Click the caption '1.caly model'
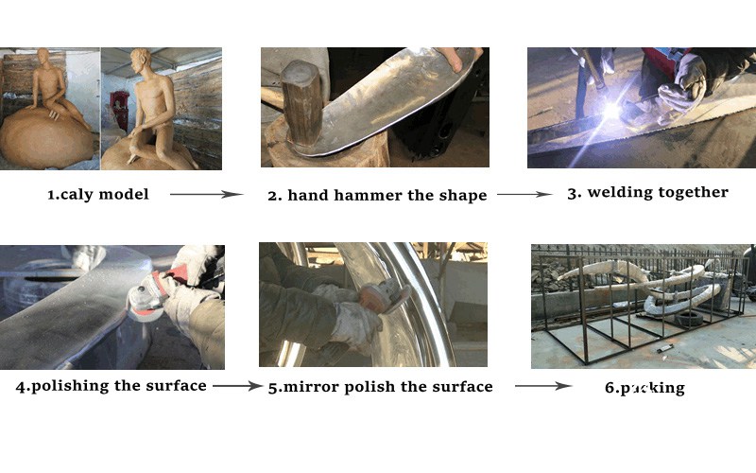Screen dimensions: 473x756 coord(98,195)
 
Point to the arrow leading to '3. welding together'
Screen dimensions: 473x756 coord(524,195)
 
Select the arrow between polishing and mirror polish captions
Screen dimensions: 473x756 coord(236,386)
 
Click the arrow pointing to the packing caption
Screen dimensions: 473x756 coord(543,386)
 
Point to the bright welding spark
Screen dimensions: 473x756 coord(611,111)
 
